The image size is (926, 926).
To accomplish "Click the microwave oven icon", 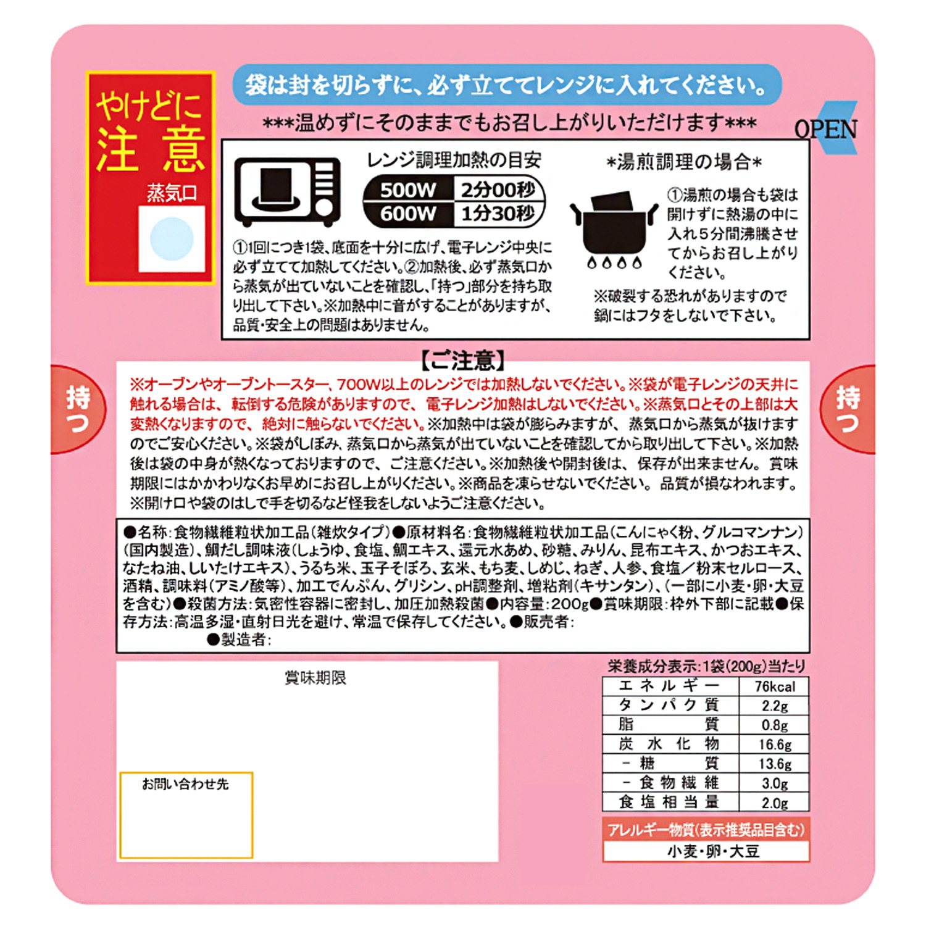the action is click(x=288, y=191).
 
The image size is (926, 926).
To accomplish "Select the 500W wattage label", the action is click(x=408, y=190).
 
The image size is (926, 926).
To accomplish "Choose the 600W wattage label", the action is click(x=408, y=214).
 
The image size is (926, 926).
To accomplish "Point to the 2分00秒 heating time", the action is click(x=498, y=190).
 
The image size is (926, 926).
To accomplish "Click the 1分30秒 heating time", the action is click(x=498, y=214).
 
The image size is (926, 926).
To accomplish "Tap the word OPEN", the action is click(x=826, y=129).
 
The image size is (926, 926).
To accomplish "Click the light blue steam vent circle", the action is click(x=172, y=239).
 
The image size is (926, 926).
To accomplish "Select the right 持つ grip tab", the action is click(x=848, y=409).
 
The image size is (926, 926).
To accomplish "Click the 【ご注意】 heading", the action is click(x=463, y=360).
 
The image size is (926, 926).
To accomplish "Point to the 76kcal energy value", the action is click(x=775, y=686).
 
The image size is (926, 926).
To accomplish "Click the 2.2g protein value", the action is click(x=775, y=706).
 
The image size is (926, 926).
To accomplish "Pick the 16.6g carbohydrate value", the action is click(x=775, y=745).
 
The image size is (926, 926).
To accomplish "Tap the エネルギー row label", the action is click(x=670, y=686).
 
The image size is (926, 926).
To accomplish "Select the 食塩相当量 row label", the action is click(x=670, y=802).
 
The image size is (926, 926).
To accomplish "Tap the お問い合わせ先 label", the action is click(x=185, y=784).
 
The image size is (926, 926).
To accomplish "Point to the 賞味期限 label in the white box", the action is click(x=315, y=678).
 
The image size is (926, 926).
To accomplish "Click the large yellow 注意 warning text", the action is click(x=151, y=151).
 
